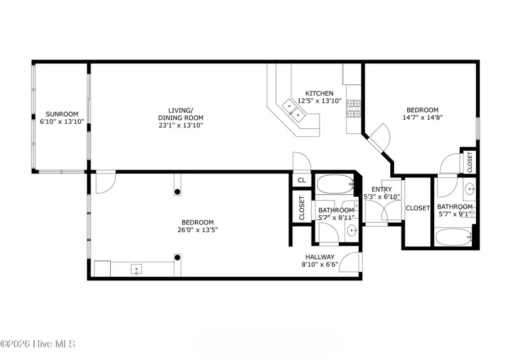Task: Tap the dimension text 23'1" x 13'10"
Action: [181, 125]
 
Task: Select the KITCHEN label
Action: [320, 93]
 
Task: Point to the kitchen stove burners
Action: [354, 108]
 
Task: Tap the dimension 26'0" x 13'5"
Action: [197, 230]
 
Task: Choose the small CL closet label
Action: [301, 180]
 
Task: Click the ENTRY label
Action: [382, 189]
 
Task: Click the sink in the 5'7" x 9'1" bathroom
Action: [469, 188]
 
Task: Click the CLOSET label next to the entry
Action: [418, 208]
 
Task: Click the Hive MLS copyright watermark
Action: [38, 344]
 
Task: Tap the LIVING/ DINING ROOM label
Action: [181, 114]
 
